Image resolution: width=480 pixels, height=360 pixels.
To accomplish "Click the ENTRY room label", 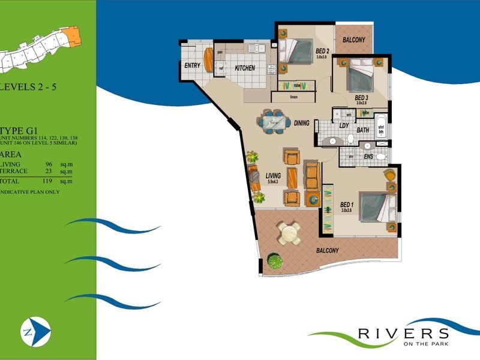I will (192, 65).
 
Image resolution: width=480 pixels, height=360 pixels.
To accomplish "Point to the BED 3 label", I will (361, 98).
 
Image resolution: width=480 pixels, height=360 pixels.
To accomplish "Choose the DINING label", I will (302, 124).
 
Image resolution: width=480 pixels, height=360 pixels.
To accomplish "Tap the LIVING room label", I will (274, 176).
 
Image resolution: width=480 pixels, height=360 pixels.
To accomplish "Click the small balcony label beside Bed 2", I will (353, 40).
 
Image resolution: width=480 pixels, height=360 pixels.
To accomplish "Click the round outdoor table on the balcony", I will (289, 232).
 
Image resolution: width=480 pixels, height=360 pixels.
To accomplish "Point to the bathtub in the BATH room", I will (380, 127).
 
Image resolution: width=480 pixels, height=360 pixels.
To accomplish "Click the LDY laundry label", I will (344, 125).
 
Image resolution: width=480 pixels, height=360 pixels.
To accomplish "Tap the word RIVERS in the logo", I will (403, 334).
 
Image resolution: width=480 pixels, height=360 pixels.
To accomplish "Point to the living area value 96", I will (50, 164).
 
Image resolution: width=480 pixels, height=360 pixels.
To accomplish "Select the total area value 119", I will (50, 180).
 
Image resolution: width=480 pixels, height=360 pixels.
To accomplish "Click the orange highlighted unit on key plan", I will (73, 37).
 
